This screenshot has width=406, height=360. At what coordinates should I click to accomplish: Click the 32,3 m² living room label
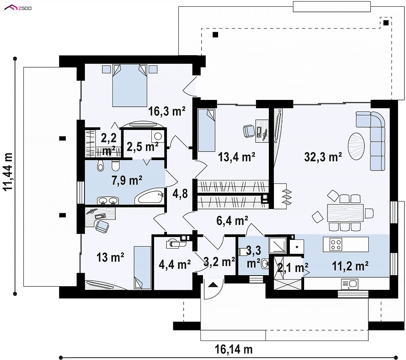(x=323, y=157)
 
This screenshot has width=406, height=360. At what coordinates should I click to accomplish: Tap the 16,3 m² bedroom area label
(x=167, y=111)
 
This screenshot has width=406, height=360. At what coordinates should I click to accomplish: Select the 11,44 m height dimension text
(x=8, y=172)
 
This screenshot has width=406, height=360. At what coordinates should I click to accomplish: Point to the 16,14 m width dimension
(x=234, y=349)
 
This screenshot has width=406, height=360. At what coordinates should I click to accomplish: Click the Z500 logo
(x=18, y=8)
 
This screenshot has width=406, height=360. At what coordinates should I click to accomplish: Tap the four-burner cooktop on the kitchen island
(x=336, y=244)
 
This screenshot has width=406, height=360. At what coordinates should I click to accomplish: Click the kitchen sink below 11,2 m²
(x=350, y=284)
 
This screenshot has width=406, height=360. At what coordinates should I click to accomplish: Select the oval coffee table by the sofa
(x=356, y=146)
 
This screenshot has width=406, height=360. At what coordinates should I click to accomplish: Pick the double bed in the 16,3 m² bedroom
(x=130, y=86)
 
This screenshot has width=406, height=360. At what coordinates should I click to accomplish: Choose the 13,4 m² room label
(x=237, y=157)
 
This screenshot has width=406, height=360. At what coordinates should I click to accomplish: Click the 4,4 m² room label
(x=175, y=264)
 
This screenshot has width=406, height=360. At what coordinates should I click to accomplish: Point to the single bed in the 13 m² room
(x=142, y=268)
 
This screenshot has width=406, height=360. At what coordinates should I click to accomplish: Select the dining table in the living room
(x=345, y=213)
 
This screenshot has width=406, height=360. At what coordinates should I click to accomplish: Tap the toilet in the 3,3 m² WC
(x=243, y=252)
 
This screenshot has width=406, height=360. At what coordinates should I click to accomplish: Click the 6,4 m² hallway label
(x=232, y=221)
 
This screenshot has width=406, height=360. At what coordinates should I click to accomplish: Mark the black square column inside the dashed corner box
(x=386, y=23)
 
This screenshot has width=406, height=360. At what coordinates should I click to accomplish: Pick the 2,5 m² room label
(x=142, y=147)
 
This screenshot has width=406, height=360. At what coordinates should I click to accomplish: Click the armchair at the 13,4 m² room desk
(x=249, y=130)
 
